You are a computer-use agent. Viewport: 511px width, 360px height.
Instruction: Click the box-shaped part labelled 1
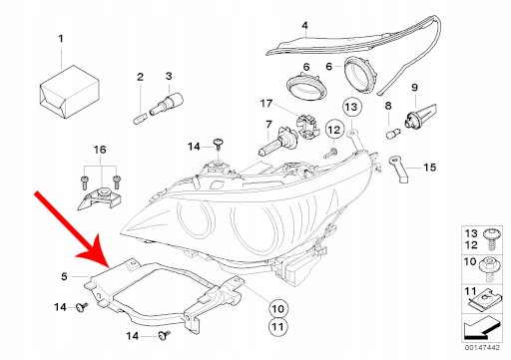click(x=70, y=92)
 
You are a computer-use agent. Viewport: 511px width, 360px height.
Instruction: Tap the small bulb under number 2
click(x=140, y=119)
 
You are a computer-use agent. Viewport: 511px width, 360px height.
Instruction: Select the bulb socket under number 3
click(x=167, y=104)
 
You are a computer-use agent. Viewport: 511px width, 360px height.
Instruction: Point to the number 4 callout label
click(x=304, y=26)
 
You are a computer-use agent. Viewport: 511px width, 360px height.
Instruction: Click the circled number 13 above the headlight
click(x=351, y=107)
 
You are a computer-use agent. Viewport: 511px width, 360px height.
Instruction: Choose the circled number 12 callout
click(x=334, y=130)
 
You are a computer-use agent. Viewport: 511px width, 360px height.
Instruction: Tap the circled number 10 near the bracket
click(x=278, y=309)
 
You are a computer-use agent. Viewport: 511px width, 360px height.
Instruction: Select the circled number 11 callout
click(x=278, y=327)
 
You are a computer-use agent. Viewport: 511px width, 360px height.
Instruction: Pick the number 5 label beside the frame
click(x=64, y=276)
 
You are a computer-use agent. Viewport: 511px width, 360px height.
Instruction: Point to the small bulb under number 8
click(x=393, y=135)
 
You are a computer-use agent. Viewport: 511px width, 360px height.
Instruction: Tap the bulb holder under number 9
click(x=419, y=118)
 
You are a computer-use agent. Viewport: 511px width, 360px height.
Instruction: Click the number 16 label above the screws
click(x=100, y=150)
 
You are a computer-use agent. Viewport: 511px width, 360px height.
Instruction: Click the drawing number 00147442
click(x=482, y=348)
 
